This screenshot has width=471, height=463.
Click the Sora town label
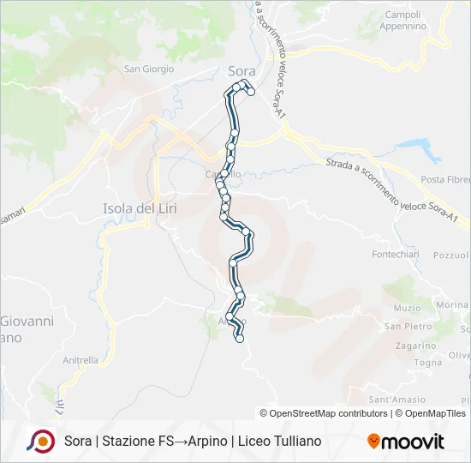point(242,71)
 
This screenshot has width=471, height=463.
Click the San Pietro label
point(405,326)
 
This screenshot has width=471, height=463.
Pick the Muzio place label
point(407,308)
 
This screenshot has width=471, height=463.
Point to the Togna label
point(426,362)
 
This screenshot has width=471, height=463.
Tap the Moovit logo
point(406,442)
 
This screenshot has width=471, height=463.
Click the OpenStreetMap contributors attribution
point(323,413)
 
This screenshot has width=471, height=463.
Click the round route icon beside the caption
point(39,441)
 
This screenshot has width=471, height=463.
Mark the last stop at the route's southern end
point(240,339)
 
